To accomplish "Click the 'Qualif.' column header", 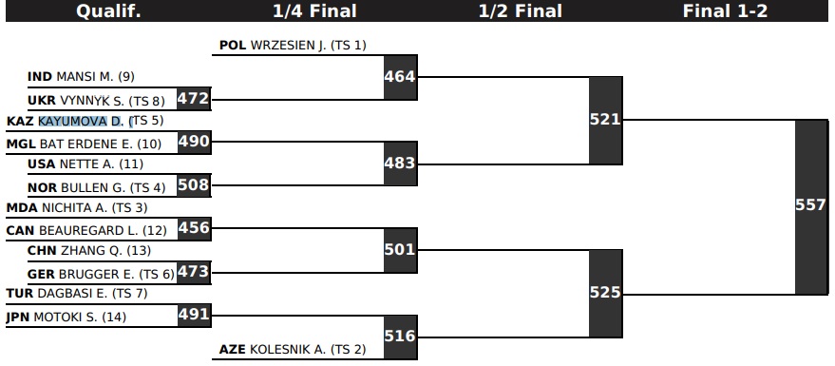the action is coord(108,11).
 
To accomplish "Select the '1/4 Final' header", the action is coord(314,11).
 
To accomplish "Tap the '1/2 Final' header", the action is coord(521,11).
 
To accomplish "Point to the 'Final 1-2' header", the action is coord(726,11).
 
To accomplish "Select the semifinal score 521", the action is coord(605,121).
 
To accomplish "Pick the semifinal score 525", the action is coord(605,294).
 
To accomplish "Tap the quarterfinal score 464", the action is coord(400,77).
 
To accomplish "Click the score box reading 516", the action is coord(400,337).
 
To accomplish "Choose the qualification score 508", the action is coord(194,185).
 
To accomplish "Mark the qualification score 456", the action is coord(194,228).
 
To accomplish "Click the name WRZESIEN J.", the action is coord(288,46).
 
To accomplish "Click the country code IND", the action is coord(40,77).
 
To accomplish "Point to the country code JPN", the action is coord(17,318).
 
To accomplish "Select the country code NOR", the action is coord(42,188).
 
